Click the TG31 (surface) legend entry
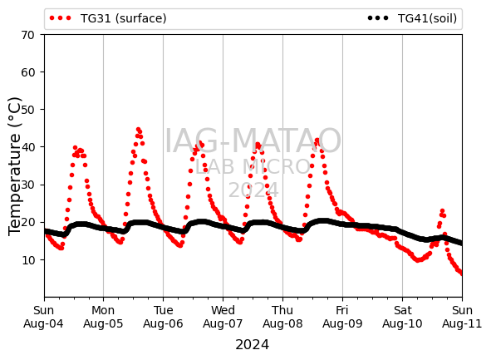108,18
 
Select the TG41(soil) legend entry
412,18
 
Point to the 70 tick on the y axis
28,35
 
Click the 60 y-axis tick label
28,72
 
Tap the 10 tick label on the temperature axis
28,259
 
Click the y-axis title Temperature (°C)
15,166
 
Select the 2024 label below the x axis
252,345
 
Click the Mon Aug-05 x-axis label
103,317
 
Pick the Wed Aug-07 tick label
223,317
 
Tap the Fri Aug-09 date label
342,317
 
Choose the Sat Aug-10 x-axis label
402,317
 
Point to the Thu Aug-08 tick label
282,317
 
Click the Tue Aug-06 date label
163,317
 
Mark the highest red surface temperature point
139,130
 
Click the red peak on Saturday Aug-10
442,211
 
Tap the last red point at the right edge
461,274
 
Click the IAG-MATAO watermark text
253,141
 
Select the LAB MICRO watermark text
253,166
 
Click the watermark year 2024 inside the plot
253,190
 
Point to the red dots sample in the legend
61,18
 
